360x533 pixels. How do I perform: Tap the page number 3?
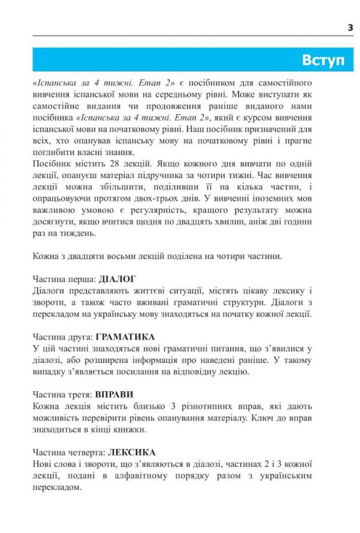[x=350, y=27]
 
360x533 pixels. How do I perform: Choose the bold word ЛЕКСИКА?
[x=132, y=453]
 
